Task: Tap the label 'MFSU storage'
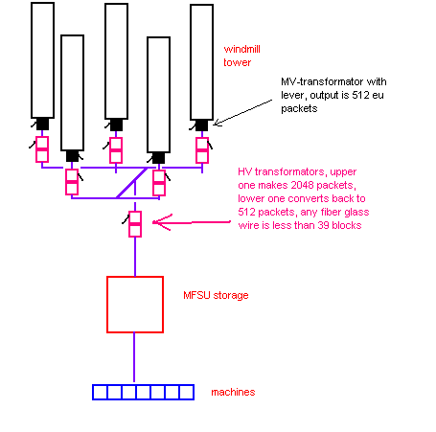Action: (216, 295)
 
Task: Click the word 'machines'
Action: (233, 392)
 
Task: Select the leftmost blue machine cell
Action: (100, 392)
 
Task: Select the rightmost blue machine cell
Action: (187, 392)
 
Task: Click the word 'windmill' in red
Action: (241, 49)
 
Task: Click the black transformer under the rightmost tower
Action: (201, 125)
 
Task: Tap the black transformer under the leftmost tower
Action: (42, 124)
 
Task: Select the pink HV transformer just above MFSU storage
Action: (135, 224)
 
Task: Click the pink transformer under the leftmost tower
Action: (42, 149)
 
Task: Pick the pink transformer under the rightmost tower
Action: (202, 150)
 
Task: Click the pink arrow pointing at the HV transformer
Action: (192, 222)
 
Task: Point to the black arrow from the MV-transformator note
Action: (242, 112)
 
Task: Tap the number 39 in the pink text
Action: (323, 225)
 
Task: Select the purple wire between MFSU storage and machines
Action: (134, 357)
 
